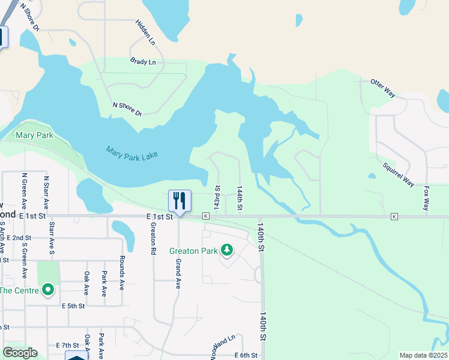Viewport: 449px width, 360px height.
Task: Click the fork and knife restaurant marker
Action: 179,200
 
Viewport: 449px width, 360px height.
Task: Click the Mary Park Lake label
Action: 131,154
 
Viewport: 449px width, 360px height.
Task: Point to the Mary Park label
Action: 34,136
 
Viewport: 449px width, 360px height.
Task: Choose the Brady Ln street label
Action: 143,62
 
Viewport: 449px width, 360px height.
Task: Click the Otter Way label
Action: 383,88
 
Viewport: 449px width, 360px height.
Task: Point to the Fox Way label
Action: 427,198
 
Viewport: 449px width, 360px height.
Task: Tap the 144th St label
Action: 239,197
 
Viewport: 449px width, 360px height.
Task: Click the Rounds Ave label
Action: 121,277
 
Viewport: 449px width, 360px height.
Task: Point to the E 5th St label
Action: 73,306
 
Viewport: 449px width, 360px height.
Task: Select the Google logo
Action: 19,353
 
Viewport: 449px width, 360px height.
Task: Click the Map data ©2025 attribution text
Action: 423,355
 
